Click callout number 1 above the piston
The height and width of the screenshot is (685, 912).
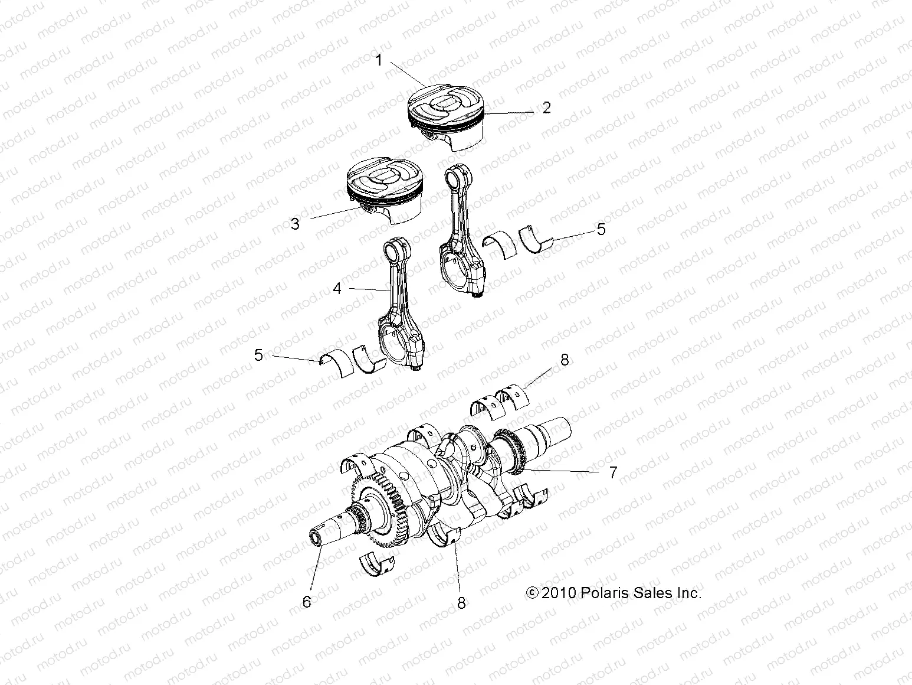point(379,60)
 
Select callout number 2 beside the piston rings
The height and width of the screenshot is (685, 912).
point(547,107)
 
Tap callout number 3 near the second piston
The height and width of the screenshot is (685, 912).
point(296,224)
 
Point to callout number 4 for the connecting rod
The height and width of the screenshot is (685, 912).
point(337,288)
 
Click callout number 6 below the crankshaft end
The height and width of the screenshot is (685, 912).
point(306,602)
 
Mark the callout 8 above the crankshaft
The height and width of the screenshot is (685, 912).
point(565,360)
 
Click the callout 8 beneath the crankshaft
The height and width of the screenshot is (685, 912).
point(461,602)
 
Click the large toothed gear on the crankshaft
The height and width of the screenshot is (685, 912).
point(378,502)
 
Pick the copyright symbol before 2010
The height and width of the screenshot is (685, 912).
point(531,593)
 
